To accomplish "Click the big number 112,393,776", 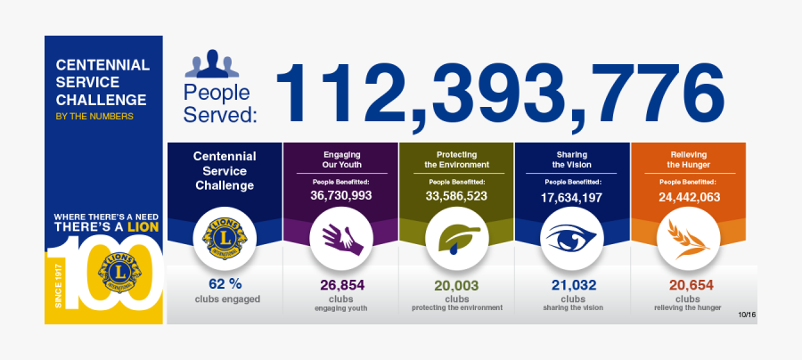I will pyautogui.click(x=500, y=94).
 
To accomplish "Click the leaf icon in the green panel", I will pyautogui.click(x=456, y=237).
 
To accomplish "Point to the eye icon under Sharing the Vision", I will pyautogui.click(x=571, y=237).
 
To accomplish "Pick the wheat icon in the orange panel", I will pyautogui.click(x=687, y=237).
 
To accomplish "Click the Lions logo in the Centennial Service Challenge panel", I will pyautogui.click(x=225, y=237).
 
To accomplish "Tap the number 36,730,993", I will pyautogui.click(x=341, y=195).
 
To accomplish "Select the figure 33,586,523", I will pyautogui.click(x=456, y=195).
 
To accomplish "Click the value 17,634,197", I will pyautogui.click(x=572, y=197).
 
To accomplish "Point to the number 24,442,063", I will pyautogui.click(x=688, y=197).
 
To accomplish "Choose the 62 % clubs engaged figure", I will pyautogui.click(x=224, y=284).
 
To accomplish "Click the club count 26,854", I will pyautogui.click(x=341, y=284).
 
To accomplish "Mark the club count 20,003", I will pyautogui.click(x=456, y=284).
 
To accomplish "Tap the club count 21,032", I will pyautogui.click(x=572, y=284).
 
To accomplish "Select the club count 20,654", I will pyautogui.click(x=688, y=284).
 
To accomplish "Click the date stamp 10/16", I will pyautogui.click(x=747, y=315).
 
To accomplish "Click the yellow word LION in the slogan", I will pyautogui.click(x=142, y=229).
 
